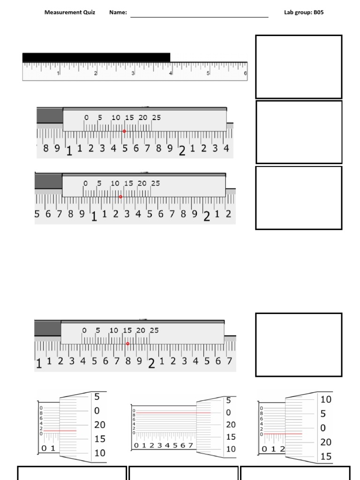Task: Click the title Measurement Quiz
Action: [69, 12]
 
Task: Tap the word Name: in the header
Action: [118, 12]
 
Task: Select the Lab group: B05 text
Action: [303, 12]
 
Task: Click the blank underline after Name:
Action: [199, 16]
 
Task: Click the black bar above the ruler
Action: [96, 57]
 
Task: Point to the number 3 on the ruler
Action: [133, 74]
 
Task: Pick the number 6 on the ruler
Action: [245, 74]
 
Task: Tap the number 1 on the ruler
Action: [58, 74]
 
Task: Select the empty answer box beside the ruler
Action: [298, 67]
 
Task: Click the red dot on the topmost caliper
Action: [124, 131]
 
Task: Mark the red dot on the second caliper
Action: [120, 197]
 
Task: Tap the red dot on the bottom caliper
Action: [127, 344]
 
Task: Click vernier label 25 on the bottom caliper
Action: [154, 330]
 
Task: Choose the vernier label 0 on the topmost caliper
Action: [86, 118]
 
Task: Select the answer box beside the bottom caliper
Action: [298, 345]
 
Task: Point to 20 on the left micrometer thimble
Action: [99, 425]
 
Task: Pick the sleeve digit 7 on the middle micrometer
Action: [190, 445]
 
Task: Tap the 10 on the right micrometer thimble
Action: [326, 399]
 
